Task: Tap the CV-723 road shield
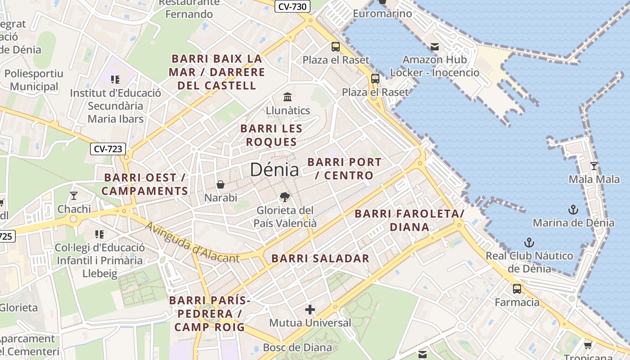pos(108,149)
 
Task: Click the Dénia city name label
pos(274,170)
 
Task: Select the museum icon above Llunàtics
pos(288,97)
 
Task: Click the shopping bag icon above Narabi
pos(220,184)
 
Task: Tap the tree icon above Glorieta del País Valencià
pos(284,197)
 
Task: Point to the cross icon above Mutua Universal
pos(310,310)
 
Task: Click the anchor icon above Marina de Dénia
pos(573,209)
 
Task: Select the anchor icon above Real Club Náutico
pos(529,243)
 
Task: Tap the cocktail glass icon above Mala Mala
pos(594,166)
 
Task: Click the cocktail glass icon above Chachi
pos(74,196)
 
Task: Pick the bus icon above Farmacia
pos(517,289)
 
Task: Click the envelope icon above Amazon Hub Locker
pos(434,46)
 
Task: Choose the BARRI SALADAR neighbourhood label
pos(320,259)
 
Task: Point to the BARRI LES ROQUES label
pos(271,135)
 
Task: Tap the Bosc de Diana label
pos(297,347)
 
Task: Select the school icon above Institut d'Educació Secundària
pos(115,80)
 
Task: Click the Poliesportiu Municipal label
pos(34,80)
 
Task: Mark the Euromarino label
pos(382,13)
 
